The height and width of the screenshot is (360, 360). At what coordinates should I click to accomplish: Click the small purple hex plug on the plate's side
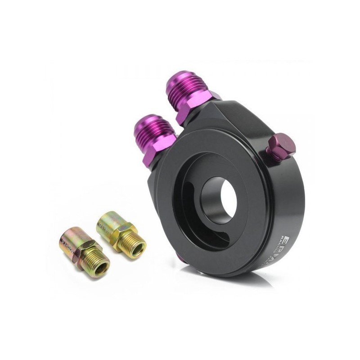pos(281,147)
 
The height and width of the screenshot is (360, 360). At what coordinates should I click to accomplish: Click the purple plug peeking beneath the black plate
pos(180,257)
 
